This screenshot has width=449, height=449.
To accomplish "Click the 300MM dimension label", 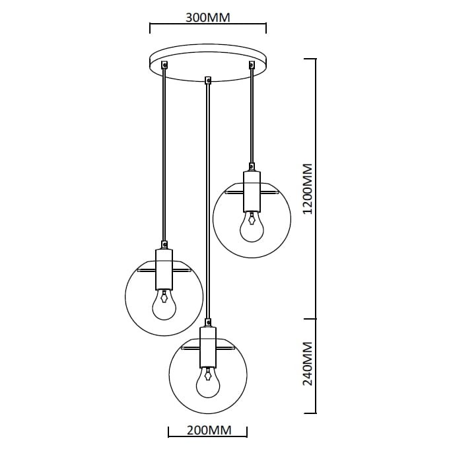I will click(208, 17).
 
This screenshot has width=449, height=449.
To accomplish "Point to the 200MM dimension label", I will click(208, 431).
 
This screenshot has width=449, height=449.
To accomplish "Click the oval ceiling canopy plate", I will click(207, 62).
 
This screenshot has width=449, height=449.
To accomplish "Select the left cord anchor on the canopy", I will click(164, 65).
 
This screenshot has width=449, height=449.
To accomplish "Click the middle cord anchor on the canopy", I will click(208, 81).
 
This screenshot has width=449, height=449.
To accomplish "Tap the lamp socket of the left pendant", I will click(163, 269).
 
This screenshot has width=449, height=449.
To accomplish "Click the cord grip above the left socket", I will click(163, 243).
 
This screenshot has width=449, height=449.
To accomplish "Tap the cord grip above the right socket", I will click(251, 166).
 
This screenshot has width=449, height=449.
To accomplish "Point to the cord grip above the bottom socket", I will click(208, 322).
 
